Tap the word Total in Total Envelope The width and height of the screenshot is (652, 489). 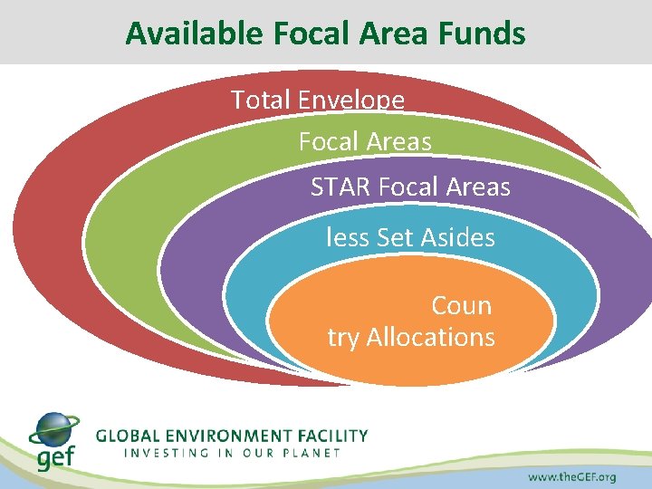[260, 99]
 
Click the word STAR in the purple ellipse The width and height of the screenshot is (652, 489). [341, 187]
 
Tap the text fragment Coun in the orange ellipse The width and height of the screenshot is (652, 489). [461, 305]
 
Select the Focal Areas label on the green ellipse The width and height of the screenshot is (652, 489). [365, 142]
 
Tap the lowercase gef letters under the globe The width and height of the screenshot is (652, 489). [55, 457]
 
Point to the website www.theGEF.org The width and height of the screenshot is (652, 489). [571, 476]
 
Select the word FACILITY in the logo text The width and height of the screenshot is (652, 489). [334, 436]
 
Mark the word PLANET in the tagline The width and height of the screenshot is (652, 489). [311, 452]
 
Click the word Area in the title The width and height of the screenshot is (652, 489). [387, 34]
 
